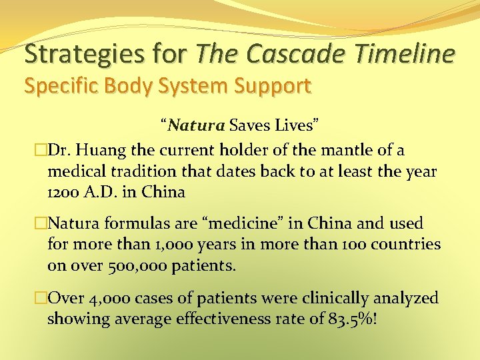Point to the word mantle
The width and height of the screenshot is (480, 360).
tap(334, 151)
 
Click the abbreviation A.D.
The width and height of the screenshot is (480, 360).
tap(104, 193)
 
